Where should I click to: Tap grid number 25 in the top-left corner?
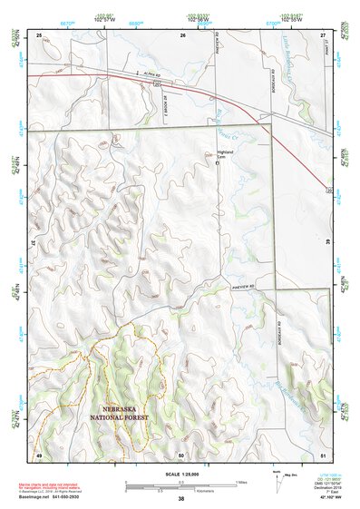[39, 34]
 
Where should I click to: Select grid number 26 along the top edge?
[182, 34]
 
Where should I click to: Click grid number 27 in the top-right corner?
[323, 34]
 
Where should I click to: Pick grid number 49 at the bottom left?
[39, 454]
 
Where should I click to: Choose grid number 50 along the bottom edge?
[181, 454]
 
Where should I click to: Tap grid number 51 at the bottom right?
[323, 454]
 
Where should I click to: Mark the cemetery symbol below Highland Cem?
[218, 164]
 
